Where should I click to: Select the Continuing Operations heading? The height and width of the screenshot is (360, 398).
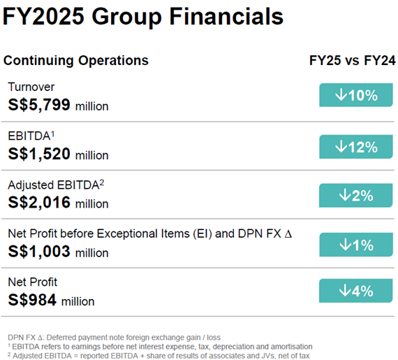click(x=75, y=60)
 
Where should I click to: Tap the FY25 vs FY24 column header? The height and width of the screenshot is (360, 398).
click(x=352, y=60)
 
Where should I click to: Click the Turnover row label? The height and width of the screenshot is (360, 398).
click(x=31, y=87)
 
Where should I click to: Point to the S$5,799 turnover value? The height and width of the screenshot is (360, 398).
click(x=58, y=106)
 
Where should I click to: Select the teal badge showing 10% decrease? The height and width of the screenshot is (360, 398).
click(x=356, y=96)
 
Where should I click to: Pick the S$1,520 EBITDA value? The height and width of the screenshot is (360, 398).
click(x=58, y=154)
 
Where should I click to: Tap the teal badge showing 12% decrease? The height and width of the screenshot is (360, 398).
click(x=356, y=146)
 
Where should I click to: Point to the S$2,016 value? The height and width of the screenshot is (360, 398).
click(x=58, y=203)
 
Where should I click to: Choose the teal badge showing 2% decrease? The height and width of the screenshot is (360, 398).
click(x=356, y=195)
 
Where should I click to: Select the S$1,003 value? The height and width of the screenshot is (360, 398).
click(x=58, y=252)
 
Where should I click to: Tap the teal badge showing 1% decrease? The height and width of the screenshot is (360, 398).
click(x=356, y=245)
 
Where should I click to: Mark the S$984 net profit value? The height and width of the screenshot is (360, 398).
click(x=51, y=301)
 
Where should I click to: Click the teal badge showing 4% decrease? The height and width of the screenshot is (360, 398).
click(x=356, y=291)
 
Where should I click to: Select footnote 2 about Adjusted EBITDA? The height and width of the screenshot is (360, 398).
click(x=157, y=354)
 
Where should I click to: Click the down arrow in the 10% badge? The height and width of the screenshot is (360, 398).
click(x=341, y=96)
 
